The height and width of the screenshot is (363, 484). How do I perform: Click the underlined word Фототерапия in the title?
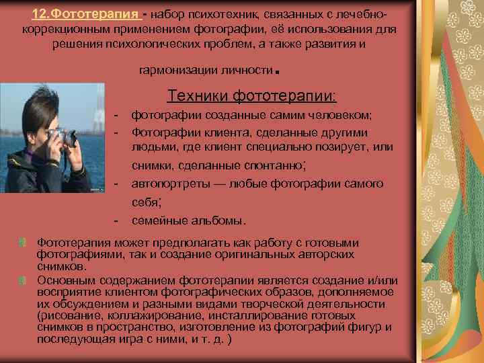(x=83, y=15)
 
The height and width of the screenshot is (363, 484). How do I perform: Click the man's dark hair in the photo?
(x=37, y=108)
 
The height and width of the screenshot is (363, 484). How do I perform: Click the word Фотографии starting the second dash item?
(x=163, y=131)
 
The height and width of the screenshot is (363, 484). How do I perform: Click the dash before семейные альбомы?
(x=116, y=220)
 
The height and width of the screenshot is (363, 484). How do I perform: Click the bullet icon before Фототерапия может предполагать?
(x=24, y=242)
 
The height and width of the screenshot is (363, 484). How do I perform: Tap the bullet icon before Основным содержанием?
(x=24, y=280)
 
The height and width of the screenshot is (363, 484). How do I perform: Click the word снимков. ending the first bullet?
(x=57, y=266)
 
